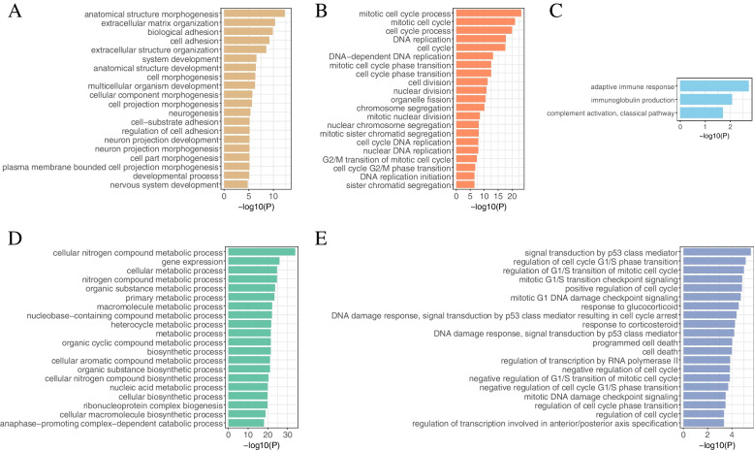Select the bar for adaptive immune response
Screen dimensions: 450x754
[x=714, y=86]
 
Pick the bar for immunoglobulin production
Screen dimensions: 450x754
[x=707, y=99]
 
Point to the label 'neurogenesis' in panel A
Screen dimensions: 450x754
[x=195, y=112]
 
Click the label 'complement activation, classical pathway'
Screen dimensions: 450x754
[x=620, y=112]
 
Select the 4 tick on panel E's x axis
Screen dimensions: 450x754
[x=731, y=434]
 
